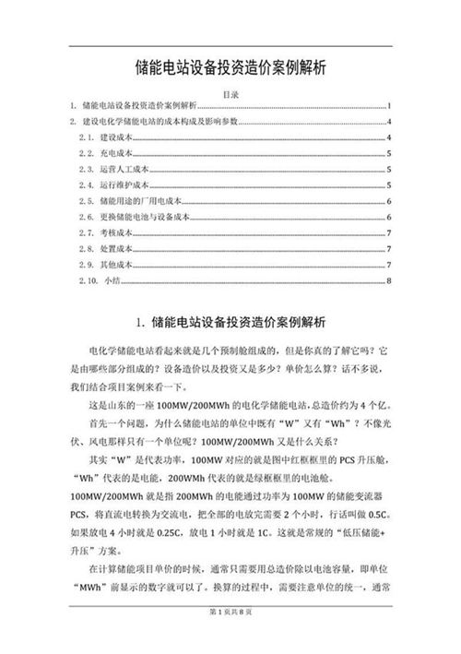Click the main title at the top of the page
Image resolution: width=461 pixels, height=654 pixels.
point(230,68)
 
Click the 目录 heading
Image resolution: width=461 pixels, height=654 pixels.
point(230,94)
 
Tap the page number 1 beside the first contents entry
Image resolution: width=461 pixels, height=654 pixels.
point(391,106)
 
